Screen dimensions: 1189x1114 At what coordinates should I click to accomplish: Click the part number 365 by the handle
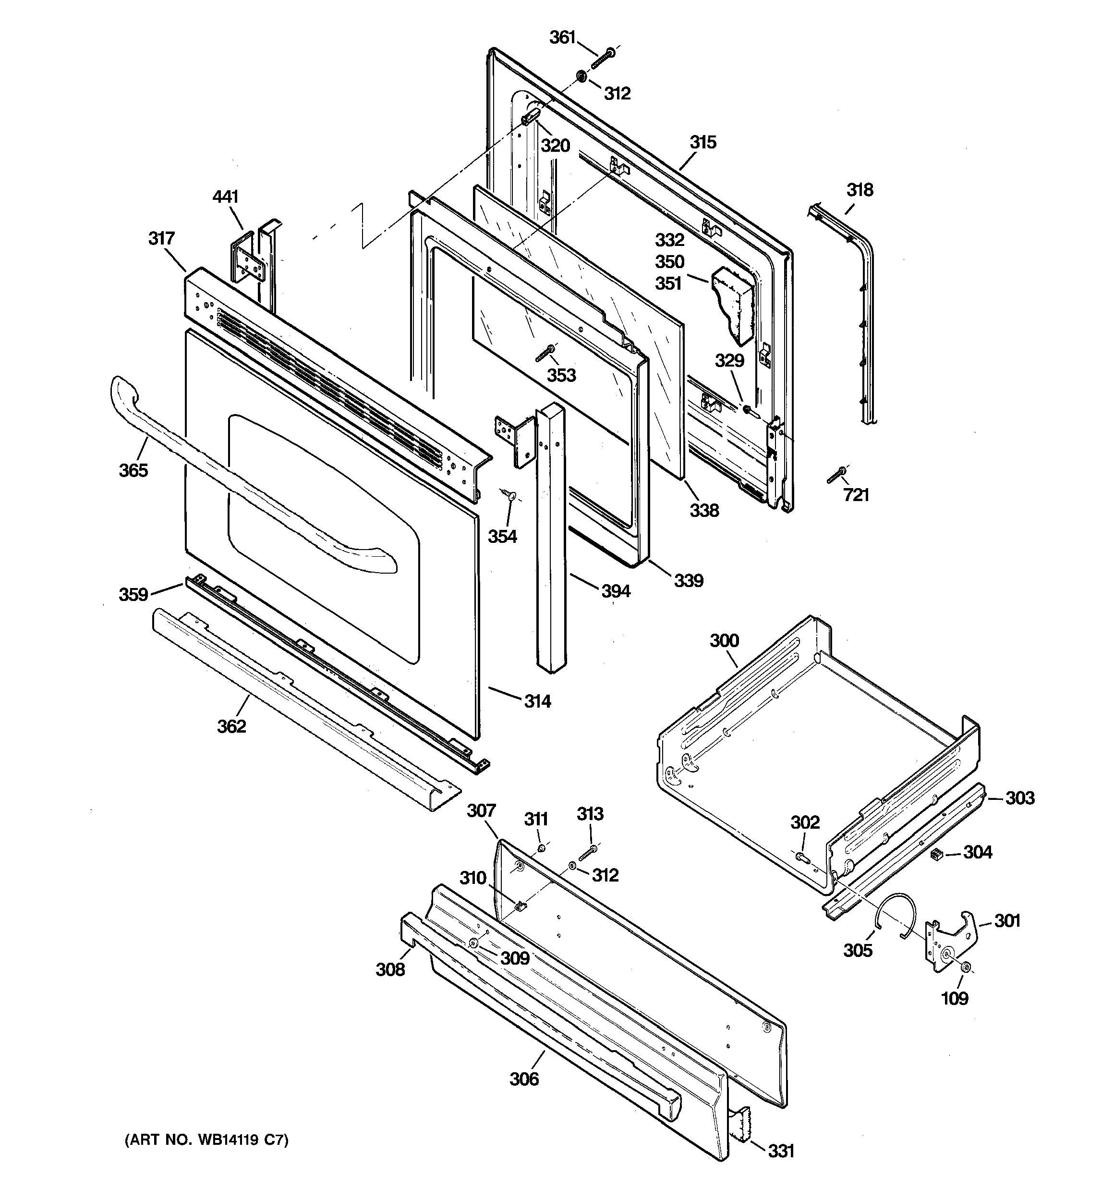pyautogui.click(x=133, y=470)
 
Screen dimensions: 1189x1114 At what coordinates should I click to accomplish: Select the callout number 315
pyautogui.click(x=702, y=142)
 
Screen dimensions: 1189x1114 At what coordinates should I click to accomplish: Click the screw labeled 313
pyautogui.click(x=588, y=853)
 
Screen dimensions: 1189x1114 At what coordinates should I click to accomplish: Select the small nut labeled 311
pyautogui.click(x=541, y=848)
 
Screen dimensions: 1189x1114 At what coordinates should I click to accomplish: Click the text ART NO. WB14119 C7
pyautogui.click(x=206, y=1140)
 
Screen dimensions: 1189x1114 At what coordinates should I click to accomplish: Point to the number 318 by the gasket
pyautogui.click(x=860, y=190)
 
